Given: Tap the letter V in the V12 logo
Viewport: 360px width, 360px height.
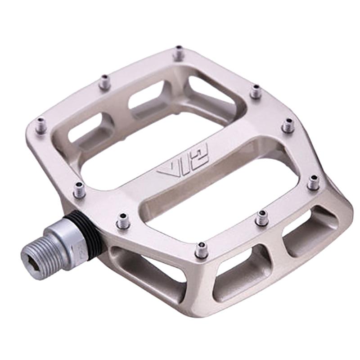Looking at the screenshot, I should (x=166, y=172).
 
